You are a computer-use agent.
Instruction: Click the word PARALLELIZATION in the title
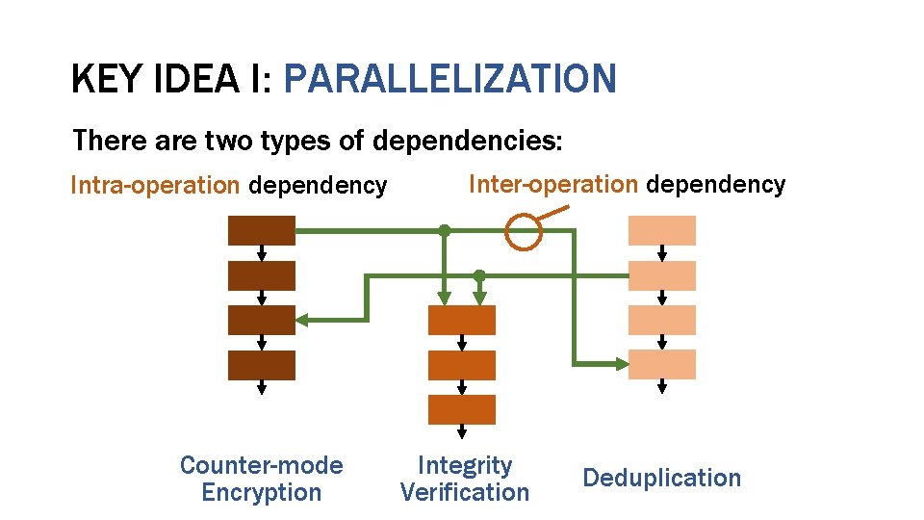(x=449, y=79)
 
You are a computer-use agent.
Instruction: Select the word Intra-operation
(x=155, y=185)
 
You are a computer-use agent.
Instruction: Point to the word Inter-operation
(x=552, y=184)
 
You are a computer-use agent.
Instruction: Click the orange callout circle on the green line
(x=524, y=231)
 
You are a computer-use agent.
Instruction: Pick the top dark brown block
(x=261, y=231)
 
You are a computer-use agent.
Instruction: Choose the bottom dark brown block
(x=261, y=365)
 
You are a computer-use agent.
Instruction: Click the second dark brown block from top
(x=261, y=275)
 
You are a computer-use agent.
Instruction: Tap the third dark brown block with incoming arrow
(x=261, y=320)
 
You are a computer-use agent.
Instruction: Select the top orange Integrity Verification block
(x=462, y=320)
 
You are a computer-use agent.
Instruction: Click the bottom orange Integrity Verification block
(x=462, y=409)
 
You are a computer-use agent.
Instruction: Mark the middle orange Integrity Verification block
(x=462, y=365)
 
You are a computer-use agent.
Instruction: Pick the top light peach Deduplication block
(x=661, y=231)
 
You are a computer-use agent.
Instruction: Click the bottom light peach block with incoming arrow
(x=661, y=364)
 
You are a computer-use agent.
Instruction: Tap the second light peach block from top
(x=661, y=275)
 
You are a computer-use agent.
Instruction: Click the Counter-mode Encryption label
(x=261, y=479)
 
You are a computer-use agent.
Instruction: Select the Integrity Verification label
(x=464, y=479)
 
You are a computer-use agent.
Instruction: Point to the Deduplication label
(x=662, y=478)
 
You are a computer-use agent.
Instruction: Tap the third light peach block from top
(x=661, y=320)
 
